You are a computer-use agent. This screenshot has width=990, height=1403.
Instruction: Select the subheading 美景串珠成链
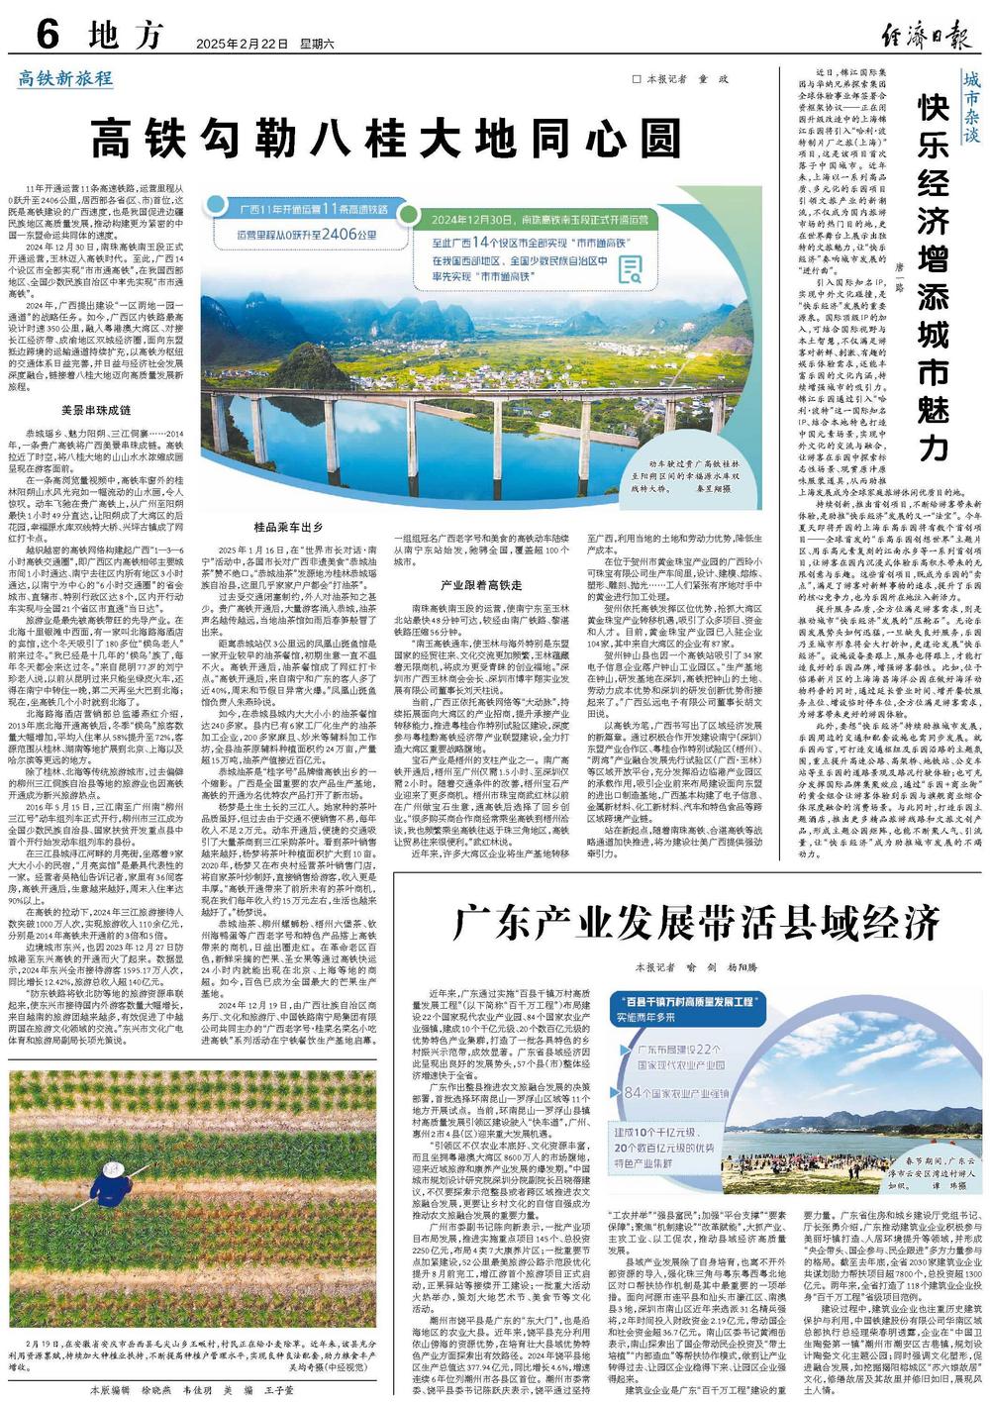[96, 409]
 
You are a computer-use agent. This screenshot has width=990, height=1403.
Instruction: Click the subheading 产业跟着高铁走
[481, 585]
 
